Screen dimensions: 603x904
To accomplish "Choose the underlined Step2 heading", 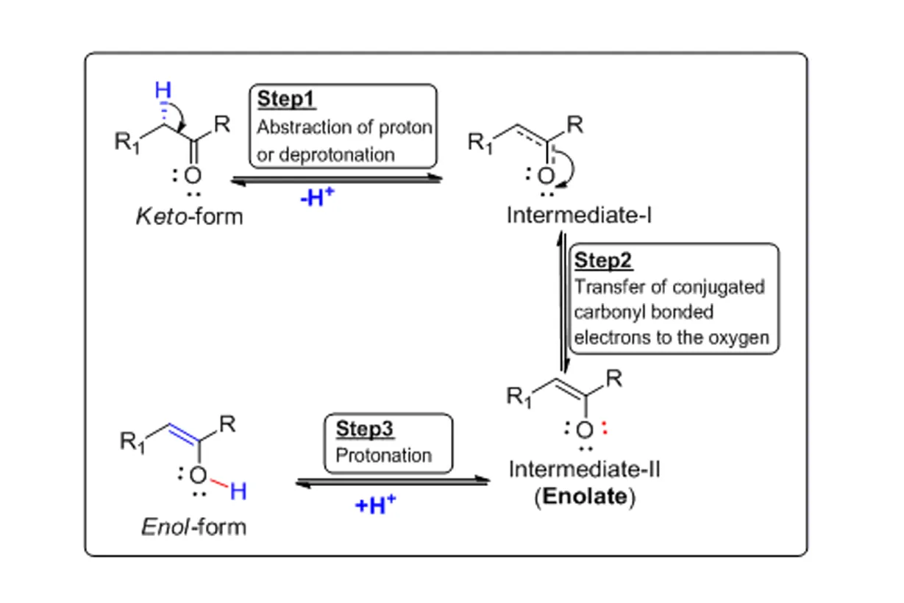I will click(x=603, y=261).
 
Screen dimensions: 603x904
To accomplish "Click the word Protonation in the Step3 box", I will click(x=383, y=455).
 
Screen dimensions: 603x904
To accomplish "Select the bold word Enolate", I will click(x=583, y=496).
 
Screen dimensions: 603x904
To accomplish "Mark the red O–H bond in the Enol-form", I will click(x=217, y=482).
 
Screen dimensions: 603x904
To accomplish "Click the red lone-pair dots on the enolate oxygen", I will click(x=605, y=429).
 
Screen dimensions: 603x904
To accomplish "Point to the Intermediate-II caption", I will click(x=584, y=468).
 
